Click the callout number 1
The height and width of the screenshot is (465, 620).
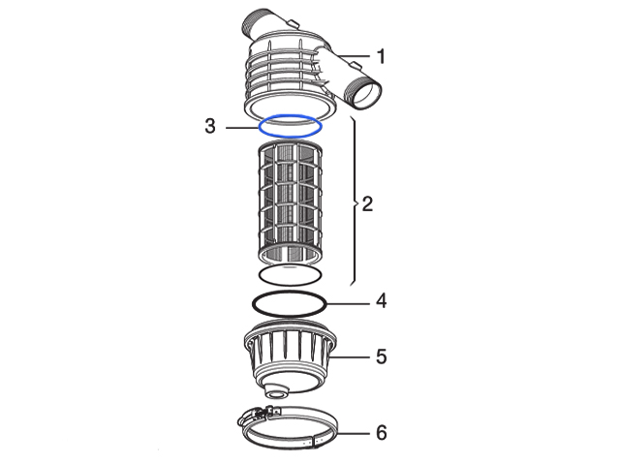[x=381, y=56]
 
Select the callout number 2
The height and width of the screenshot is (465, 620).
[x=367, y=204]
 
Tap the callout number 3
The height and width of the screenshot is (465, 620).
[x=210, y=126]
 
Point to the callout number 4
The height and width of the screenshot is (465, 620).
[x=381, y=301]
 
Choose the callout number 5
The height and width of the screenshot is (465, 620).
[x=381, y=356]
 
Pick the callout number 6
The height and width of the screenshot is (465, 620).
[x=381, y=433]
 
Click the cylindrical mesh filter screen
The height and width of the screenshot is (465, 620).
[x=290, y=202]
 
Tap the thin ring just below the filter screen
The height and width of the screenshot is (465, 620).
[x=290, y=284]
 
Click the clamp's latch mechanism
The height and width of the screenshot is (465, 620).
[x=258, y=415]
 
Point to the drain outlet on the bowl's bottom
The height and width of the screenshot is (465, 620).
[x=276, y=391]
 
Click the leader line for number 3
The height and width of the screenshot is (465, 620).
[x=241, y=128]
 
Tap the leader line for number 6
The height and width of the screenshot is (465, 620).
[x=355, y=433]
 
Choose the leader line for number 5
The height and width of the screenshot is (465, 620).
[x=350, y=357]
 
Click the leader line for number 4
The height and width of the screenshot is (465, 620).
[x=349, y=303]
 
